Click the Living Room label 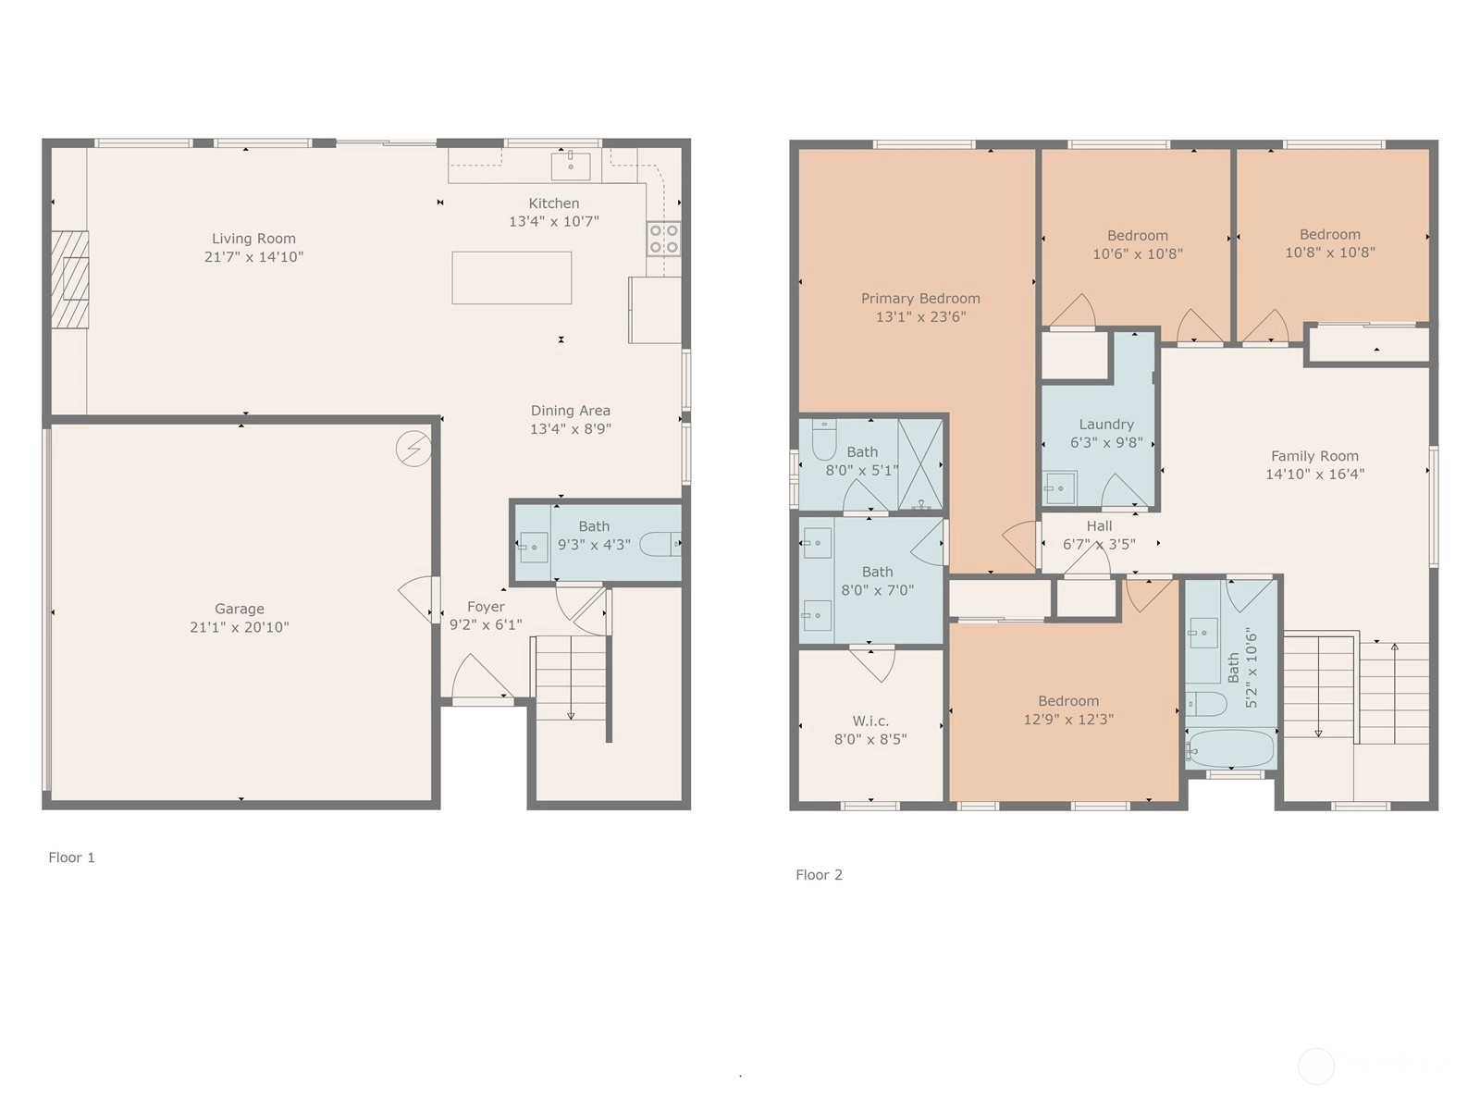pyautogui.click(x=253, y=239)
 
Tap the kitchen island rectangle pyautogui.click(x=512, y=277)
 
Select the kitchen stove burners pyautogui.click(x=663, y=239)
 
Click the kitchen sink pyautogui.click(x=571, y=166)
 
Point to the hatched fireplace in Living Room pyautogui.click(x=70, y=279)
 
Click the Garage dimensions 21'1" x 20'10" pyautogui.click(x=240, y=627)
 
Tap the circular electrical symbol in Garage pyautogui.click(x=413, y=449)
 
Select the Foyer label pyautogui.click(x=486, y=607)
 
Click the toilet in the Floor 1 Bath pyautogui.click(x=660, y=544)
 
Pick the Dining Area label pyautogui.click(x=571, y=411)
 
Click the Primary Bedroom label pyautogui.click(x=920, y=299)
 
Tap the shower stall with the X pyautogui.click(x=920, y=464)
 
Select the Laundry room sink pyautogui.click(x=1059, y=488)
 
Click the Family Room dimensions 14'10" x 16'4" pyautogui.click(x=1314, y=475)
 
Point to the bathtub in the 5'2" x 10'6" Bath pyautogui.click(x=1230, y=748)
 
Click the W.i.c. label pyautogui.click(x=870, y=721)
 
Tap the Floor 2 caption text pyautogui.click(x=820, y=875)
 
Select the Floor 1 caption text pyautogui.click(x=71, y=857)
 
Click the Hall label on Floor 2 pyautogui.click(x=1099, y=525)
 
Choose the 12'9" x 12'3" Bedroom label pyautogui.click(x=1068, y=701)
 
